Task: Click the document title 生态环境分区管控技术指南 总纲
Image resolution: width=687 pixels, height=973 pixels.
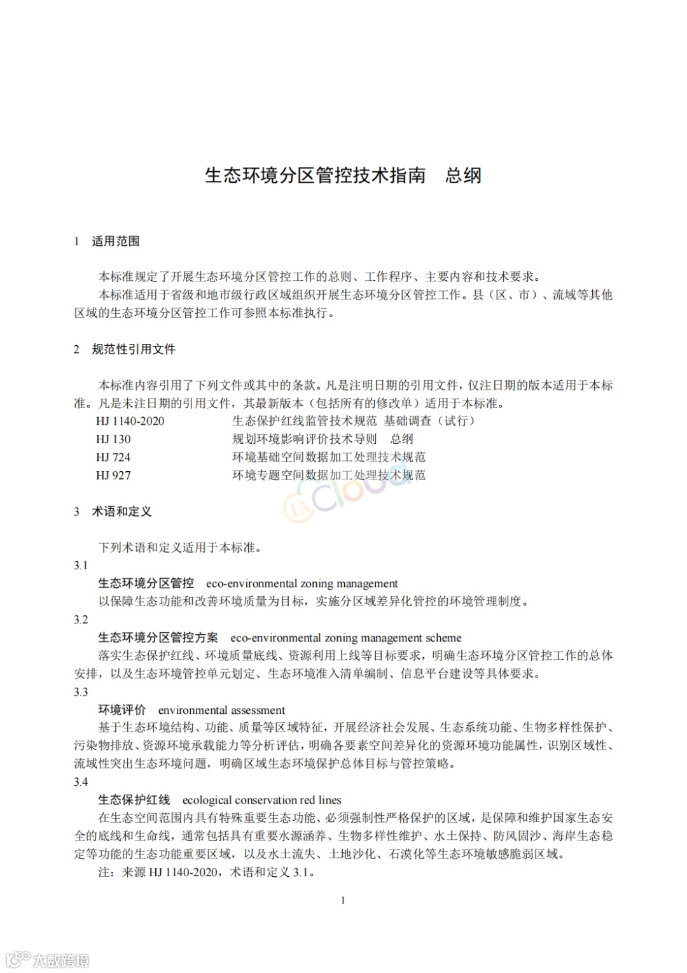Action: point(343,176)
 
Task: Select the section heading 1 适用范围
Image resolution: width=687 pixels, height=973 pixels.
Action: point(107,241)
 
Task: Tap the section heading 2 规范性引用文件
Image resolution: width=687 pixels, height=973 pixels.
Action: point(125,349)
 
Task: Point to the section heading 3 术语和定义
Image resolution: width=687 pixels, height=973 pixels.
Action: point(113,511)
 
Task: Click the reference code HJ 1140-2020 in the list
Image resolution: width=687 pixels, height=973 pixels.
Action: point(130,421)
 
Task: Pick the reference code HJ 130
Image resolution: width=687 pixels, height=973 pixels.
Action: point(113,439)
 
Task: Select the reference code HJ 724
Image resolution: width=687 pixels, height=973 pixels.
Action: point(113,457)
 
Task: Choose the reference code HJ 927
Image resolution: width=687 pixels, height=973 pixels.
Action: point(113,475)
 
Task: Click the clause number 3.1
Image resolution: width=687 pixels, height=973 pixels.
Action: point(81,565)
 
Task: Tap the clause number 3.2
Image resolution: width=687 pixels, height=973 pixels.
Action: point(81,620)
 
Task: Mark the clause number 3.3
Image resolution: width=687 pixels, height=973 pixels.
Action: point(81,692)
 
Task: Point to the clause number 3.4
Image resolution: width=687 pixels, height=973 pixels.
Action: point(81,782)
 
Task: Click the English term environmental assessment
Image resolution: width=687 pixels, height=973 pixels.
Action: point(221,710)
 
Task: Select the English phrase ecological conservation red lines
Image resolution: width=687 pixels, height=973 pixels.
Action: point(261,800)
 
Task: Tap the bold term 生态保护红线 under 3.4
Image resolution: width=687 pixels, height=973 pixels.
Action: point(134,800)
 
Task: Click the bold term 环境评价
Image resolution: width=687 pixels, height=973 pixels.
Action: point(122,710)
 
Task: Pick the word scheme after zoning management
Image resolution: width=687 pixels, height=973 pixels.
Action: point(444,638)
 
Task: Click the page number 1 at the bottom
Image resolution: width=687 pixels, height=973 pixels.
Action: point(343,900)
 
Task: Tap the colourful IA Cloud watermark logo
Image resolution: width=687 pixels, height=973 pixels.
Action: point(343,494)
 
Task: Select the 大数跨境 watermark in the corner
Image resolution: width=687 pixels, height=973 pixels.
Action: point(48,959)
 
